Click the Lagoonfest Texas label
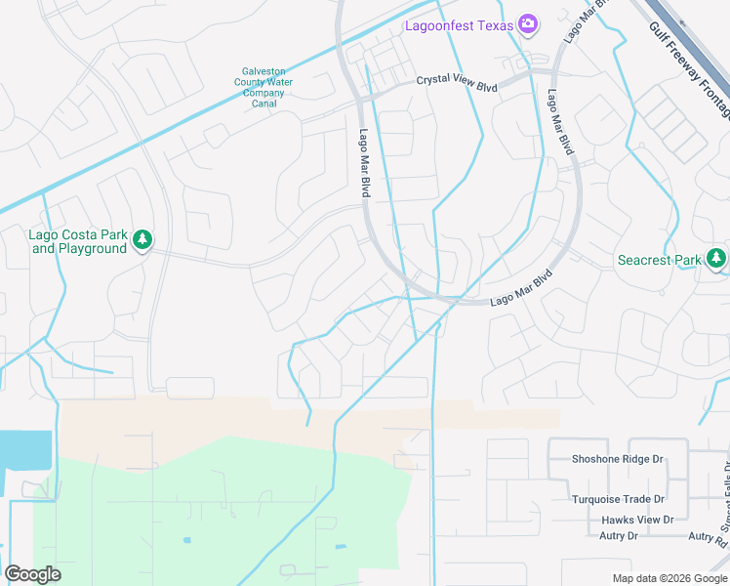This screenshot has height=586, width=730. pyautogui.click(x=459, y=25)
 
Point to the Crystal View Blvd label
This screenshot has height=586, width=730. pyautogui.click(x=458, y=83)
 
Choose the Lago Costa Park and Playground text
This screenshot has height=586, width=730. pyautogui.click(x=79, y=241)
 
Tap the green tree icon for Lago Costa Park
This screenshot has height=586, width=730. pyautogui.click(x=142, y=239)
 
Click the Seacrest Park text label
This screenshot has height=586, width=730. pyautogui.click(x=660, y=260)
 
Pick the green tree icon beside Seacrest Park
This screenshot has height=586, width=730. pyautogui.click(x=717, y=258)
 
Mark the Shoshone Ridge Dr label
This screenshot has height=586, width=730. pyautogui.click(x=618, y=459)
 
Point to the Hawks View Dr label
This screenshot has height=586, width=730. pyautogui.click(x=637, y=520)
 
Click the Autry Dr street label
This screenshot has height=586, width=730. pyautogui.click(x=619, y=536)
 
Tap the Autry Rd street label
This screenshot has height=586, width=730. pyautogui.click(x=708, y=537)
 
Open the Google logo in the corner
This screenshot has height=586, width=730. pyautogui.click(x=32, y=574)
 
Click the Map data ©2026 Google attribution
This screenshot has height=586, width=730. pyautogui.click(x=669, y=577)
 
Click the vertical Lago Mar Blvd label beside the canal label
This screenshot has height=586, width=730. pyautogui.click(x=363, y=164)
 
